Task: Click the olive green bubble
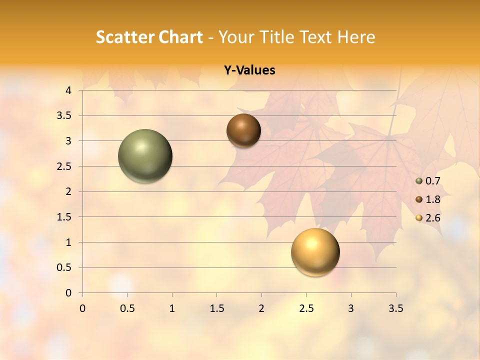(x=145, y=156)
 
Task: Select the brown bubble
(x=243, y=130)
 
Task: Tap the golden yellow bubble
(x=315, y=252)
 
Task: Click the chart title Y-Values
(x=249, y=70)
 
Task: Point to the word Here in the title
(x=356, y=37)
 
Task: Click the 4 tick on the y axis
(x=68, y=90)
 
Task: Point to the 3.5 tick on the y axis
(x=64, y=116)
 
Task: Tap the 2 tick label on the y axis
(x=68, y=191)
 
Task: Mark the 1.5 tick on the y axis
(x=64, y=217)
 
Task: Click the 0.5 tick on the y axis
(x=64, y=267)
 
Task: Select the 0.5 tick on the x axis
(x=127, y=308)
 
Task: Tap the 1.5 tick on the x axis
(x=217, y=308)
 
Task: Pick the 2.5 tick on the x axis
(x=306, y=308)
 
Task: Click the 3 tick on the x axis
(x=351, y=308)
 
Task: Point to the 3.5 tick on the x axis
(x=395, y=308)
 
